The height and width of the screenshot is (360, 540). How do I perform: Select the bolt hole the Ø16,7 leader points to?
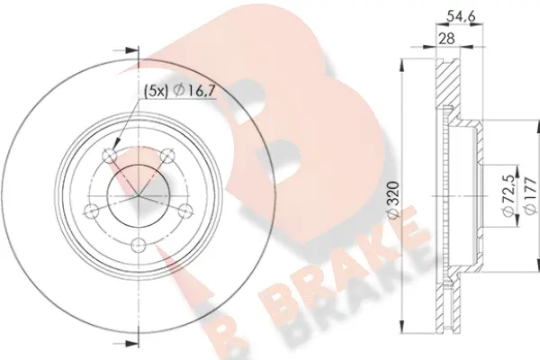coord(110,156)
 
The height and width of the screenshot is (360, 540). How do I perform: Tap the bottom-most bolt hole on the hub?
coord(137,244)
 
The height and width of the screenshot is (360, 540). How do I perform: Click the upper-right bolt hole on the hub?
coord(165,157)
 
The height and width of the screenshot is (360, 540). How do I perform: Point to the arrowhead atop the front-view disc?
coord(137,49)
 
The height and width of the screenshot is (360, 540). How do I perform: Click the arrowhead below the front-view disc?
coord(137,339)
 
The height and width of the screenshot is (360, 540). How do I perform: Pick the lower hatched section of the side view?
coord(444,301)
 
